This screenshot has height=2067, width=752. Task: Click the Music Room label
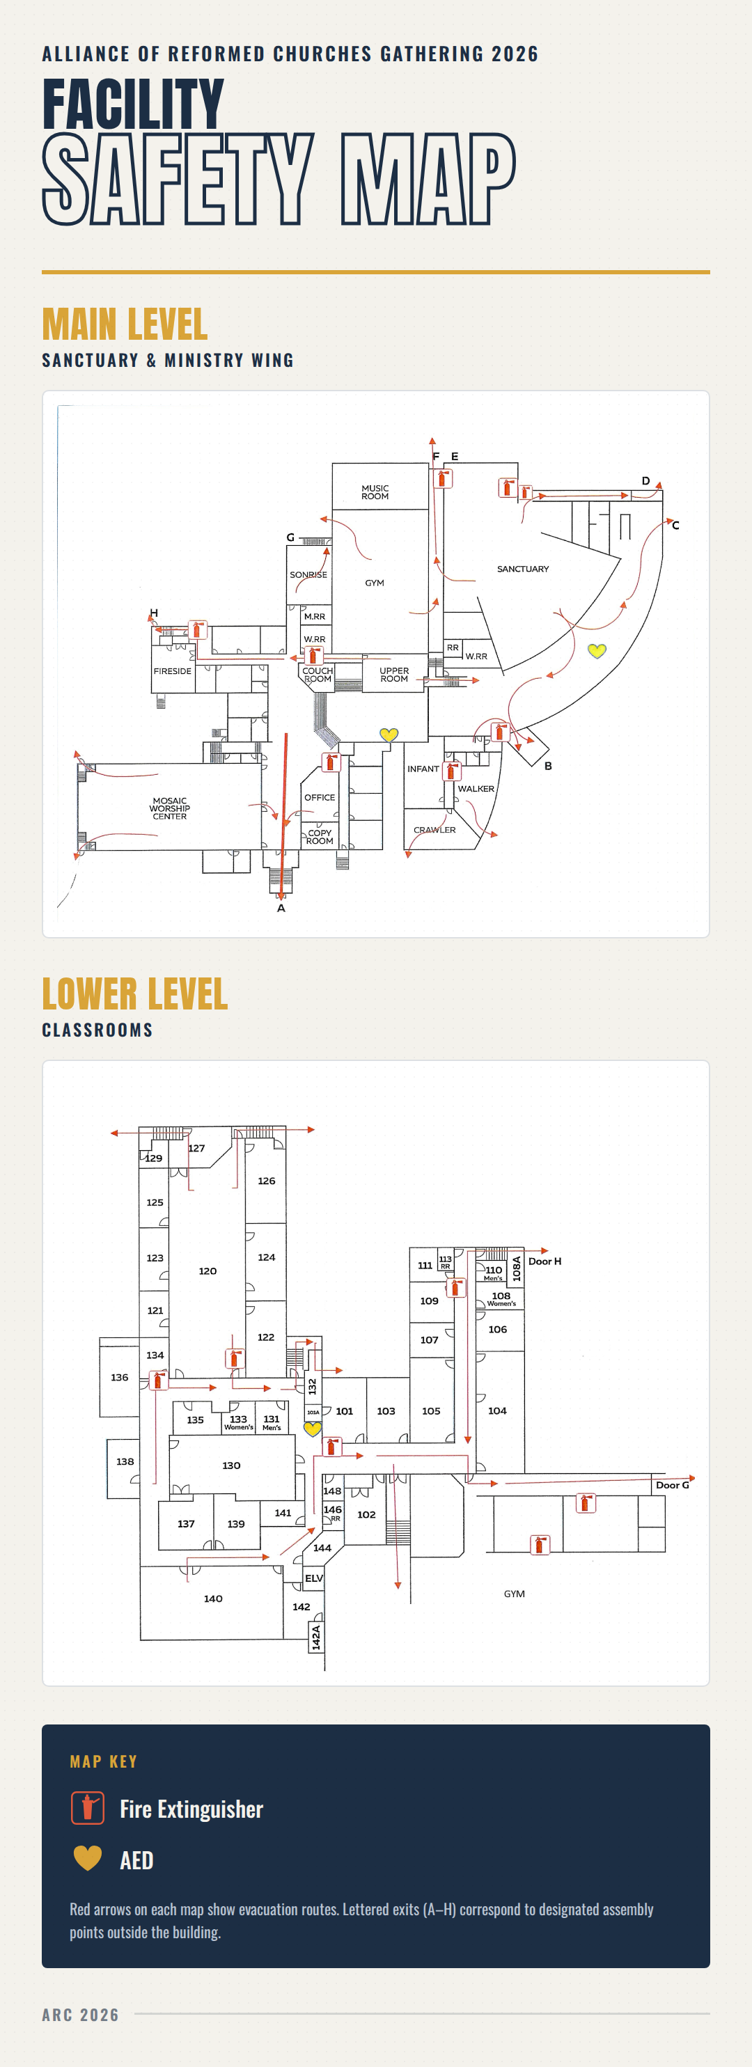(x=375, y=492)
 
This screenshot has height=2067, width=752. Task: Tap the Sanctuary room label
(x=522, y=569)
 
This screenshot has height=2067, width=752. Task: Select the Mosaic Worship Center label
(x=169, y=808)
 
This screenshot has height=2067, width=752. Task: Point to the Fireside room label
(x=173, y=671)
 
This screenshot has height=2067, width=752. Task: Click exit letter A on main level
(x=281, y=909)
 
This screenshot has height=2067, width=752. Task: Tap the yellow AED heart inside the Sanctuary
(x=596, y=651)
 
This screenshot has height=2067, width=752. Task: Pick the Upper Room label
(x=394, y=675)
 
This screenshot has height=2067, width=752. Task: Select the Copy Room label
(x=320, y=837)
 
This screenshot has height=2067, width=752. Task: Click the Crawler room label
(x=434, y=830)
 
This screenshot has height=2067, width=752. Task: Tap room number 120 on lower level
(x=208, y=1271)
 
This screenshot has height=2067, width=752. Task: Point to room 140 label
(x=212, y=1598)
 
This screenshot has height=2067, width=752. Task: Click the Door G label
(x=673, y=1485)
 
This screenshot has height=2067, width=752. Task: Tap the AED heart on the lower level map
(x=312, y=1429)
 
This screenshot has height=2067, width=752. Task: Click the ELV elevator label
(x=314, y=1578)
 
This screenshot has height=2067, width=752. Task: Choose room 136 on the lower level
(x=120, y=1377)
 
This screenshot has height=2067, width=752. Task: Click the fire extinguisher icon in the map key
(x=88, y=1808)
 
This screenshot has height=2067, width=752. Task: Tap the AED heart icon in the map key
(x=88, y=1858)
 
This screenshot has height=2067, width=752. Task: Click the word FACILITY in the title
(x=133, y=104)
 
